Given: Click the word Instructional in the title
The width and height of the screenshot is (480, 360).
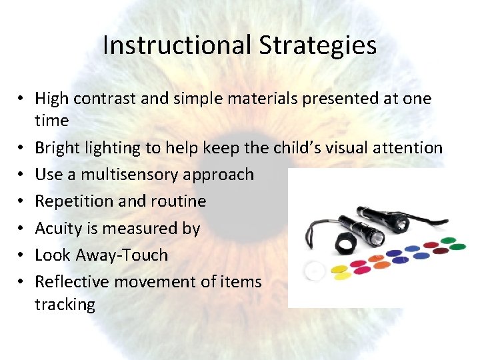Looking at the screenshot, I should (x=177, y=45).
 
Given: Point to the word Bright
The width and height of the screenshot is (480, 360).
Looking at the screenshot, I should (x=58, y=147).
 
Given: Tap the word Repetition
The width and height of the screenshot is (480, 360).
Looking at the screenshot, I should (x=73, y=201).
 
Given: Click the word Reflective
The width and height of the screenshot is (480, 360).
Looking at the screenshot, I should (x=71, y=281).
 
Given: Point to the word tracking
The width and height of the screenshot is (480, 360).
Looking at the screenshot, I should (x=65, y=305).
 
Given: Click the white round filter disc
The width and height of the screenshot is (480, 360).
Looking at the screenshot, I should (x=314, y=271).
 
